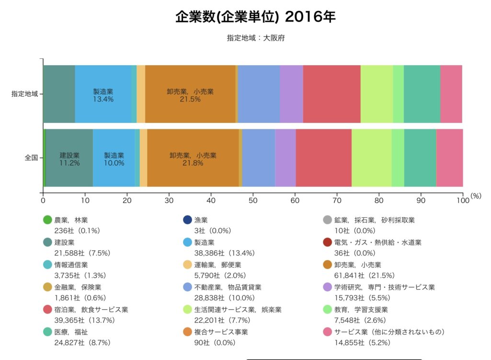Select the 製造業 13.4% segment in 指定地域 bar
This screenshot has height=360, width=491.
click(x=103, y=94)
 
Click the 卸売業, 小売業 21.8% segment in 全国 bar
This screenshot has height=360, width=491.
click(x=193, y=158)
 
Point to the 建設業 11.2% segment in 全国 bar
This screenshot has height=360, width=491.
click(x=69, y=158)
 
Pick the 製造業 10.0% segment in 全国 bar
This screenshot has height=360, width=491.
click(x=114, y=158)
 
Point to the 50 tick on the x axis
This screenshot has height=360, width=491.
click(x=253, y=201)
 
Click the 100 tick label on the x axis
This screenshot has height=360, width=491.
click(x=462, y=201)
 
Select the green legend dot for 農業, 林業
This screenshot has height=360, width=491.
click(x=47, y=220)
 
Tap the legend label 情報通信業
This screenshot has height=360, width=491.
click(x=71, y=265)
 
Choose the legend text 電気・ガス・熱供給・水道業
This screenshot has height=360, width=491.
click(x=377, y=243)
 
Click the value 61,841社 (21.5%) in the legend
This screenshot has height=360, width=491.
click(x=361, y=275)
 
